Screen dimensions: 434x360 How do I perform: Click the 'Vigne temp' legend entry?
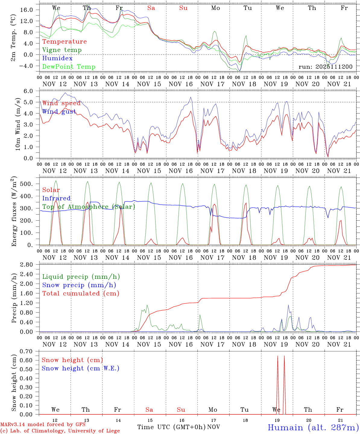click(x=62, y=50)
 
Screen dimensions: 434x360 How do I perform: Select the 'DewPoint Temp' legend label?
click(x=69, y=67)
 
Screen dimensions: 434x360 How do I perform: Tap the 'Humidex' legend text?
click(x=57, y=58)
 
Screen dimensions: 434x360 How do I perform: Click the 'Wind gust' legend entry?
click(x=59, y=112)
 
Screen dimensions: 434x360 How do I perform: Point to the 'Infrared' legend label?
click(x=56, y=198)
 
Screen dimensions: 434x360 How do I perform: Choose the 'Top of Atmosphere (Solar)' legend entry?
click(x=89, y=207)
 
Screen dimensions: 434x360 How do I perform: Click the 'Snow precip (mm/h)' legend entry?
click(x=79, y=285)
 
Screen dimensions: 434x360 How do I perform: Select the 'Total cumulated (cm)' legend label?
click(x=81, y=294)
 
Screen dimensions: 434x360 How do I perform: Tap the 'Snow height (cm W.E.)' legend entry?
click(x=81, y=368)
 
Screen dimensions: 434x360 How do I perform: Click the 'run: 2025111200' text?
click(x=325, y=67)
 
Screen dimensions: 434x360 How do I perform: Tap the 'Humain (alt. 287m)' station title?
click(x=313, y=427)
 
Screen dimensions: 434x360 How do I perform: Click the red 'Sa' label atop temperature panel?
click(x=151, y=8)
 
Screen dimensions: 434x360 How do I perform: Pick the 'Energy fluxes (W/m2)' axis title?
click(x=14, y=212)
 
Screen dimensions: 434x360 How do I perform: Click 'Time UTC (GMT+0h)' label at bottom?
click(x=171, y=427)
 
